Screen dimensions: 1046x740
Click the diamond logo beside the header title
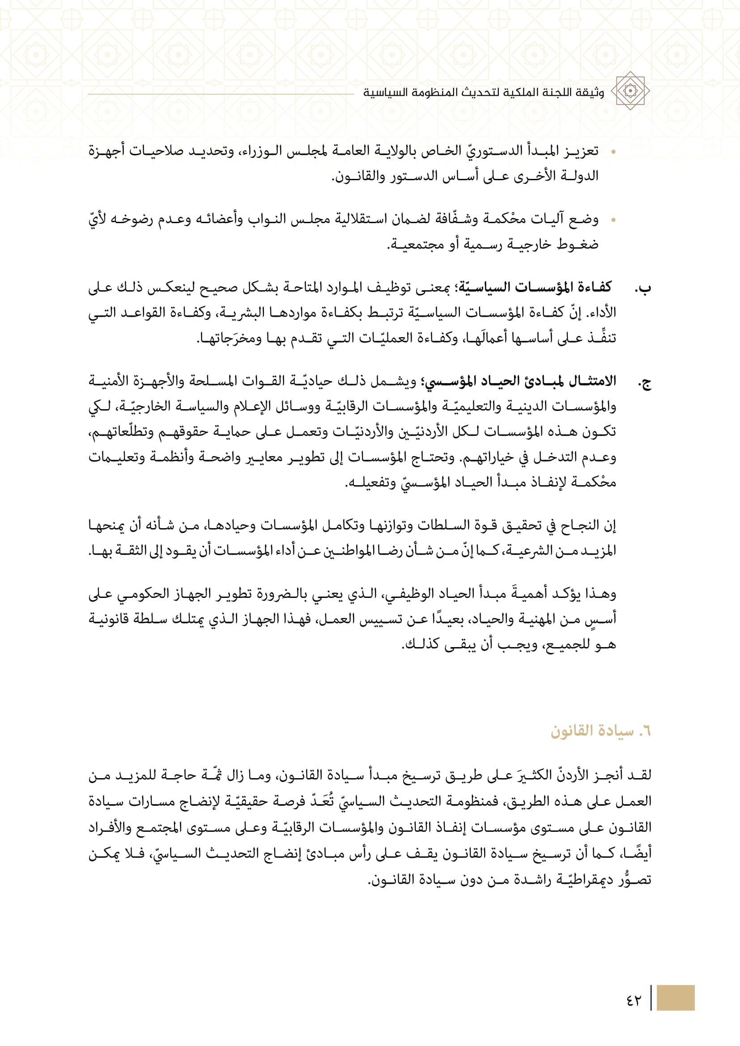click(630, 91)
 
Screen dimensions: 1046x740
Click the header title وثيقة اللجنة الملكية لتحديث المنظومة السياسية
click(483, 93)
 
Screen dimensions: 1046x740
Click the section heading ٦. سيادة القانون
click(600, 731)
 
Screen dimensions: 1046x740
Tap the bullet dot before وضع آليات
click(613, 220)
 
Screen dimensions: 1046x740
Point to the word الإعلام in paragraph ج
click(251, 406)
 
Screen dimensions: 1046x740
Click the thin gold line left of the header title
click(221, 94)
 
